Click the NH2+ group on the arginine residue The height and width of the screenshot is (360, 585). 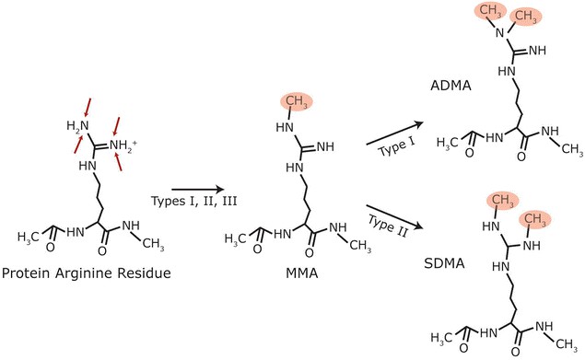pyautogui.click(x=123, y=143)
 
